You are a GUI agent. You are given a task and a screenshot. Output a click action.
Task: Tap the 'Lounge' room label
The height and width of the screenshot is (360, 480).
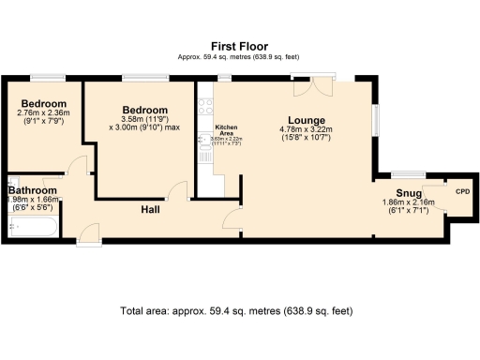click(307, 120)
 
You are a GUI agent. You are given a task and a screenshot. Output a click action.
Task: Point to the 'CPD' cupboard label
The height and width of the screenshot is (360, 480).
click(461, 192)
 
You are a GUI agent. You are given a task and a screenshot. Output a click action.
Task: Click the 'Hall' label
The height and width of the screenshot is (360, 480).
click(150, 209)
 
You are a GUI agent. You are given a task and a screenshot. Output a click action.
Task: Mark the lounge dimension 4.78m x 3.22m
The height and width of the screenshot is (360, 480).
click(307, 129)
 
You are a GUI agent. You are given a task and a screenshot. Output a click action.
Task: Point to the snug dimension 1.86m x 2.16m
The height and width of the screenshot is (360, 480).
click(404, 202)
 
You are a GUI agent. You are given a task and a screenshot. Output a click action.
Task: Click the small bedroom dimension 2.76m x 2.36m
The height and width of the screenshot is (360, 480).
click(44, 113)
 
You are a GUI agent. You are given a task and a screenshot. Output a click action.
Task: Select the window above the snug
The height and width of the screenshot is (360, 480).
click(405, 173)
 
